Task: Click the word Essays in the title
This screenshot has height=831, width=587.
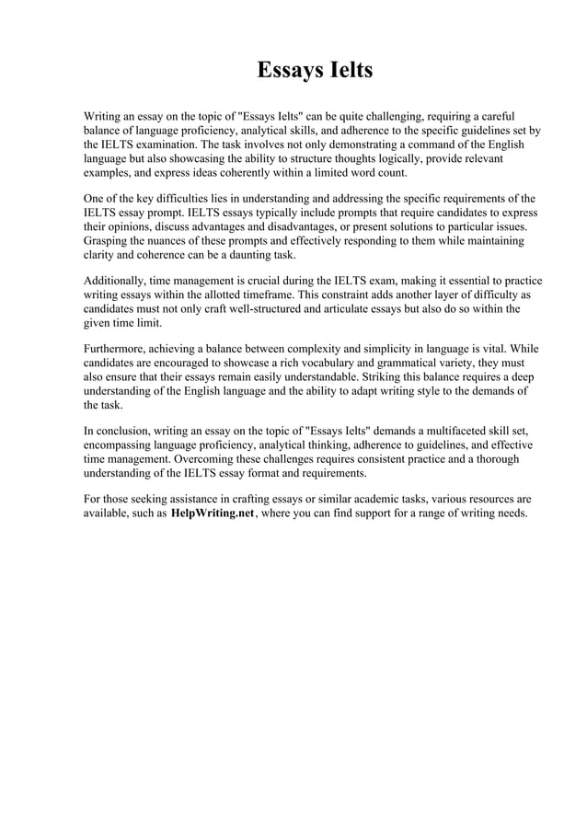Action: point(284,71)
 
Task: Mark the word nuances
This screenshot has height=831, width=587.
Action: point(174,240)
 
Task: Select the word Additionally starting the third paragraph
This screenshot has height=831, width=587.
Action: point(117,281)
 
